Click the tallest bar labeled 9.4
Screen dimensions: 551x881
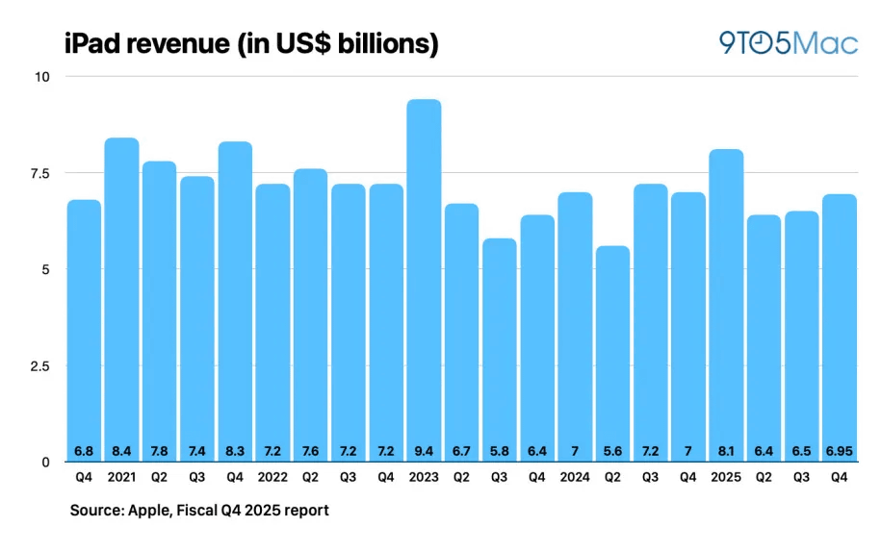tap(424, 279)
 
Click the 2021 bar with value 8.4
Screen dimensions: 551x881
tap(121, 299)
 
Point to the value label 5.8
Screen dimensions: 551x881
tap(500, 450)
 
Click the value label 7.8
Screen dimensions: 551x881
tap(160, 450)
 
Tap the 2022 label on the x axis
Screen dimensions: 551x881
tap(272, 476)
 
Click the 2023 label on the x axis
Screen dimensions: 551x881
tap(424, 476)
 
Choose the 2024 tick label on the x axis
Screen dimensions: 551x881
tap(575, 476)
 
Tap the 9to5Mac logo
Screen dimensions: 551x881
tap(788, 41)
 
